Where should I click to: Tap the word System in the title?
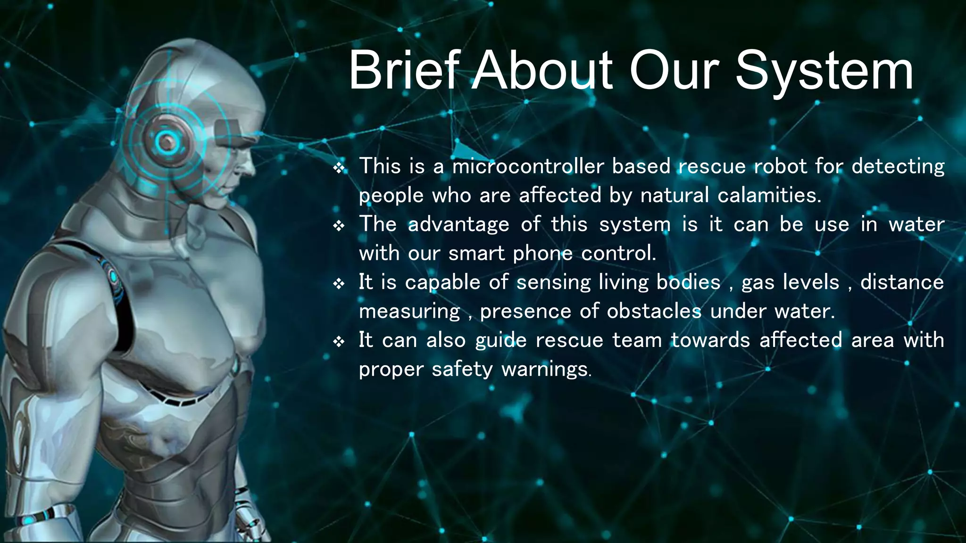[x=824, y=72]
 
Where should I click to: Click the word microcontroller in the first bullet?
[x=528, y=166]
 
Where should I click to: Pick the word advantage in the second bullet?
[x=458, y=225]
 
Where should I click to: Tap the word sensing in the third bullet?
[x=553, y=283]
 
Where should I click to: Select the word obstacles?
[x=654, y=312]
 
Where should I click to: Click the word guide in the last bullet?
[x=500, y=341]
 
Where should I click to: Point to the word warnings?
[x=545, y=370]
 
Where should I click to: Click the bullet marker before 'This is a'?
[x=339, y=168]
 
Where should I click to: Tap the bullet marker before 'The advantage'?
[x=339, y=226]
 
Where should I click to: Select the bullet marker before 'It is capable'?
[x=339, y=284]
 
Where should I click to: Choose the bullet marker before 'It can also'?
[x=339, y=342]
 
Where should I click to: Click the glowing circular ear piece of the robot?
[x=166, y=141]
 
